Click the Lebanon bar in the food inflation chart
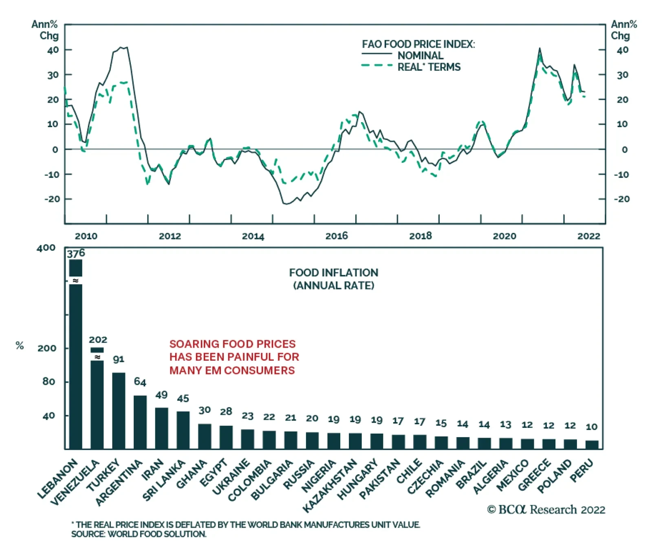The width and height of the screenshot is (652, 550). [x=76, y=366]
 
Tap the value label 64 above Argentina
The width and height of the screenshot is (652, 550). [x=140, y=382]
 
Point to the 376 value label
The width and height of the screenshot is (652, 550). [x=76, y=254]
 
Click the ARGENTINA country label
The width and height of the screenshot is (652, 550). [x=119, y=482]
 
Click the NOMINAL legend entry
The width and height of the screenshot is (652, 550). [x=420, y=55]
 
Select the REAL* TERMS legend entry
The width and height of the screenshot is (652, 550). [x=429, y=67]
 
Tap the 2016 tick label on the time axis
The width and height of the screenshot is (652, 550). [x=337, y=236]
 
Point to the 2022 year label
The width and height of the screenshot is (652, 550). [x=588, y=236]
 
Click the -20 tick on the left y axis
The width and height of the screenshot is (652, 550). [x=52, y=199]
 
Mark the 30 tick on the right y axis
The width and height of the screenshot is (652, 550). [x=622, y=75]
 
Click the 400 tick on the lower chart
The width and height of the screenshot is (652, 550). [x=46, y=248]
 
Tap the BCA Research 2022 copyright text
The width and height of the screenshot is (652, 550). [x=546, y=510]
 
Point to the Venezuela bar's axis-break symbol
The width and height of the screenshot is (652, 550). [x=97, y=357]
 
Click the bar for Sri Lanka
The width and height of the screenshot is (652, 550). [x=183, y=430]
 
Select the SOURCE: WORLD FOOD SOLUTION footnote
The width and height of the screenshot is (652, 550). [x=139, y=534]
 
